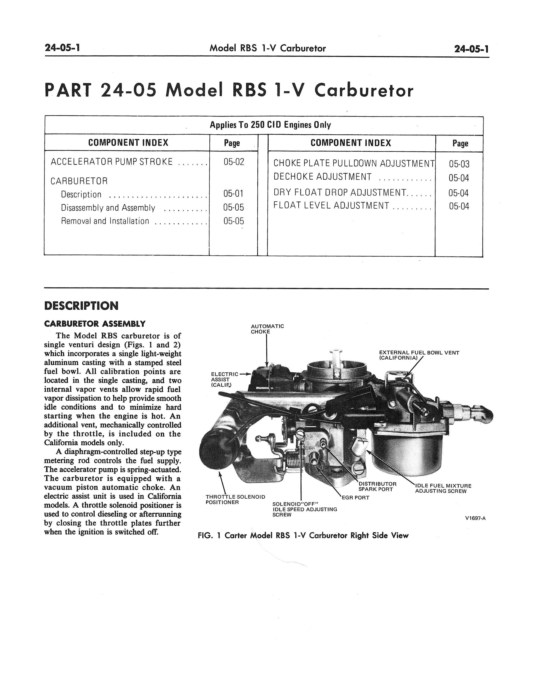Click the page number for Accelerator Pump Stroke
click(x=234, y=162)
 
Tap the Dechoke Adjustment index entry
click(x=322, y=177)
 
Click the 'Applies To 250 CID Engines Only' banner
click(x=270, y=125)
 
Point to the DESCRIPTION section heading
click(x=81, y=306)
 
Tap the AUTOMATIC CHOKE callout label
click(x=267, y=329)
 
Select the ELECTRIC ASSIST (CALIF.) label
click(x=224, y=379)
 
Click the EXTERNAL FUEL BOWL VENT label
click(x=419, y=355)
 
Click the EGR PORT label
click(x=355, y=498)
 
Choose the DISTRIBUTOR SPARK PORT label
click(x=377, y=486)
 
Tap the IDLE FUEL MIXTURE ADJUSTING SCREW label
click(x=443, y=488)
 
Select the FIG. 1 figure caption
click(x=303, y=535)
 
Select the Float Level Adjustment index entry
click(x=331, y=205)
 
